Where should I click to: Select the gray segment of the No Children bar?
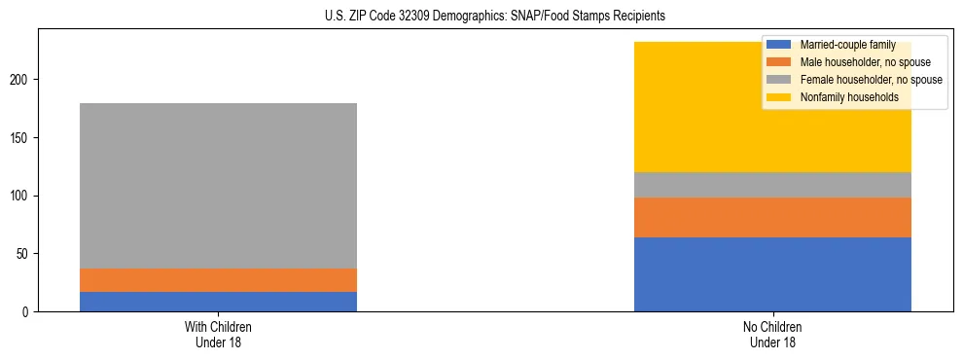(772, 185)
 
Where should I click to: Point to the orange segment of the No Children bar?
(772, 217)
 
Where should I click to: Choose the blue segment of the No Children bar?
(772, 274)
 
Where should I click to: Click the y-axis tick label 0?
(27, 312)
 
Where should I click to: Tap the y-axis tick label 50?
(24, 254)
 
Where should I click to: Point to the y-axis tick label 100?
(21, 196)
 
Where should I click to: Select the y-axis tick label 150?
(21, 137)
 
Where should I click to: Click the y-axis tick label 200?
(21, 79)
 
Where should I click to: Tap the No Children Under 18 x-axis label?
(772, 334)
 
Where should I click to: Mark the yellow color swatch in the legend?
(779, 97)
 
